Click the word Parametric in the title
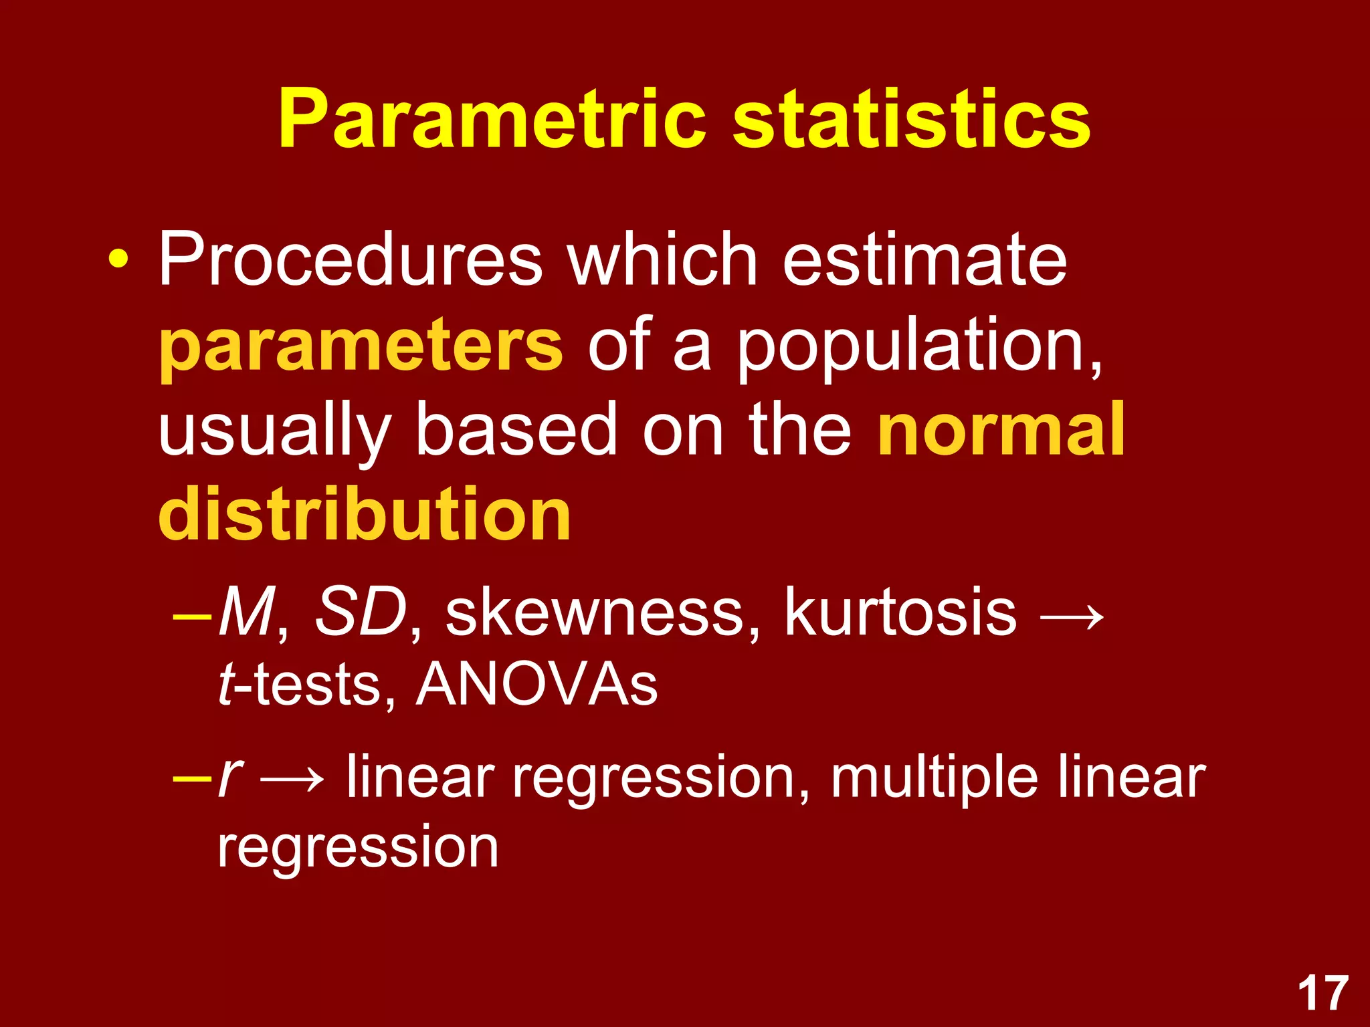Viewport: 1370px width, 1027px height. coord(492,120)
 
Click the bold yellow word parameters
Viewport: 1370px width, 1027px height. coord(361,346)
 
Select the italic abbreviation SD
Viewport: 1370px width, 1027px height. coord(361,611)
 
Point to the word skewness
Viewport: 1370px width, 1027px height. coord(595,611)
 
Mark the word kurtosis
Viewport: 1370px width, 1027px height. coord(900,611)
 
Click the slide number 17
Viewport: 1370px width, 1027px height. coord(1323,994)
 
